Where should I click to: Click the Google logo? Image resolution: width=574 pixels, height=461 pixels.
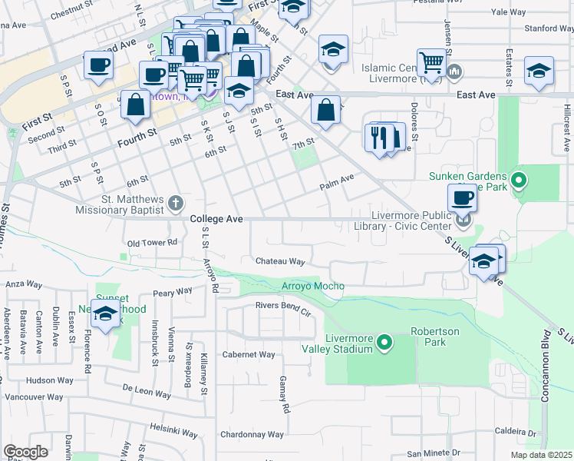(25, 452)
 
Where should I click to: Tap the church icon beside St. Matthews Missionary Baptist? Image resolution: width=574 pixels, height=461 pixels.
(176, 203)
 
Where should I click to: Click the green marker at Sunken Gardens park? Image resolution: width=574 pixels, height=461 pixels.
(519, 181)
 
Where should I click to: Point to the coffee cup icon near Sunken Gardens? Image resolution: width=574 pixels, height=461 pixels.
(462, 198)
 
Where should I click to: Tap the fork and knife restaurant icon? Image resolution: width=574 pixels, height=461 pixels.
(379, 138)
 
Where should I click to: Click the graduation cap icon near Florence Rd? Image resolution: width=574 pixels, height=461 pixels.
(105, 313)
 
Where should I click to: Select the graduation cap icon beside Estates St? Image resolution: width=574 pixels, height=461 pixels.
(539, 71)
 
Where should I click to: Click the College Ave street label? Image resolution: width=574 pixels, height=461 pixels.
(216, 219)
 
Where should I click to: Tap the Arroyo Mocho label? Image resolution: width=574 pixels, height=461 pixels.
(312, 286)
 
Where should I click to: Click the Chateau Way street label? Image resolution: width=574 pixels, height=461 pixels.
(280, 262)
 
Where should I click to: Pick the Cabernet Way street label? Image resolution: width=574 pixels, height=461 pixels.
(248, 354)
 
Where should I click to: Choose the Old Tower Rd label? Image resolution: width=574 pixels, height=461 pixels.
(152, 242)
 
